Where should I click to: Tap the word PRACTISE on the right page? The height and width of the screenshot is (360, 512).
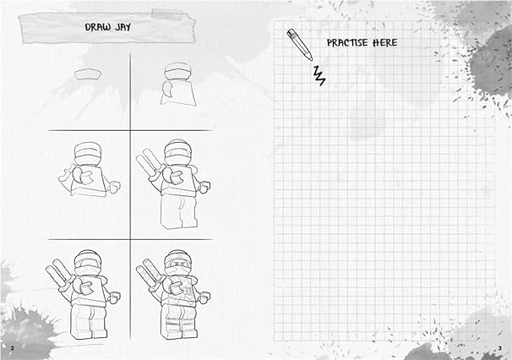point(346,42)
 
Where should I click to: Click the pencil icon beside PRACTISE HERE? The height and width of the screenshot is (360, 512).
point(298,44)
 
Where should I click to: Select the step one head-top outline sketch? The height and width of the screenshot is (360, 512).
point(87,75)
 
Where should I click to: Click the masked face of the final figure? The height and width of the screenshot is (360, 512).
point(177,264)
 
